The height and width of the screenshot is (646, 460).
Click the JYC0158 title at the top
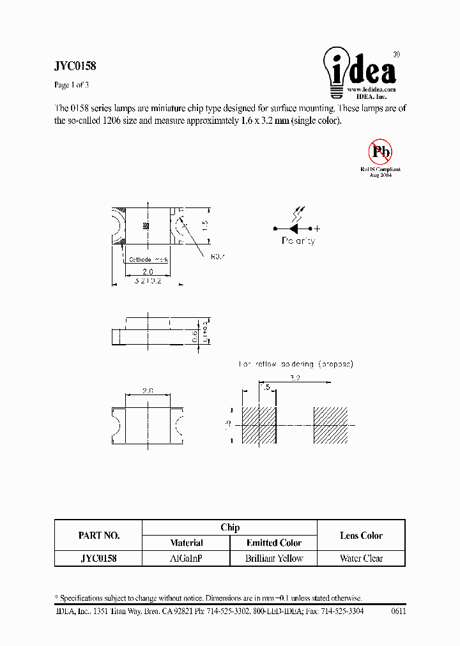tap(75, 66)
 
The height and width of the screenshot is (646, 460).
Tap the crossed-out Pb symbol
tap(379, 152)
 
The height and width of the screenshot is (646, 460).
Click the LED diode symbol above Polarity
tap(296, 228)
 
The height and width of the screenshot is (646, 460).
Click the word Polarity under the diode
tap(298, 241)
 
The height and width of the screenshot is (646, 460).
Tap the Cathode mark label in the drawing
tap(148, 260)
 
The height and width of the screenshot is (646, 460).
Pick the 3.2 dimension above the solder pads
tap(295, 378)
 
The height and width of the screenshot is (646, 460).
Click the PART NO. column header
tap(98, 536)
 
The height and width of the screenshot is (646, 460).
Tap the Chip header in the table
tap(229, 527)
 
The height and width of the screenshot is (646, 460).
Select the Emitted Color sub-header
tap(273, 543)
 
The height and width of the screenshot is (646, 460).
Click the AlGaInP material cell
tap(186, 558)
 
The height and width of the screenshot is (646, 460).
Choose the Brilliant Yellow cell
tap(273, 558)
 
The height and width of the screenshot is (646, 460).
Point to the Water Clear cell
tap(361, 558)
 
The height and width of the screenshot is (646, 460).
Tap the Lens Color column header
tap(361, 536)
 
